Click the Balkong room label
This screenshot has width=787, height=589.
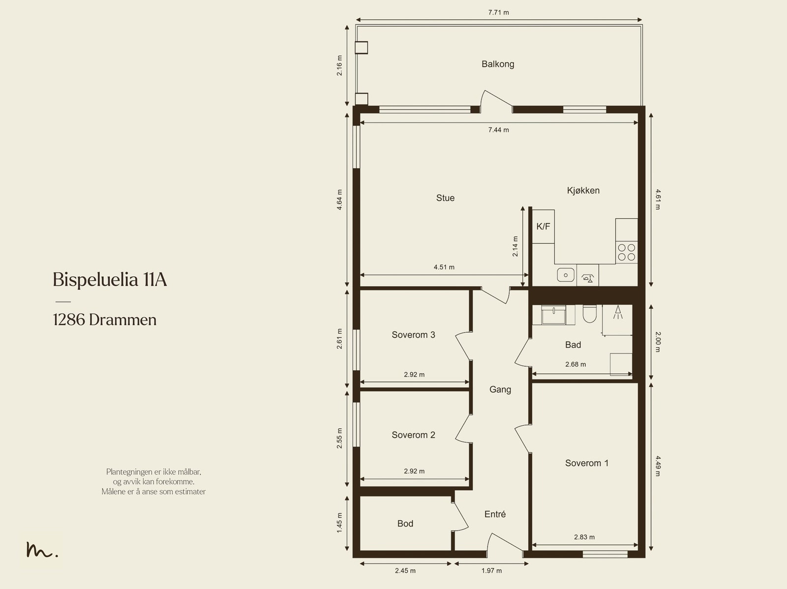point(498,64)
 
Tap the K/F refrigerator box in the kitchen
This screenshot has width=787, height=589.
point(543,227)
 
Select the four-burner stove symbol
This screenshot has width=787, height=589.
point(627,252)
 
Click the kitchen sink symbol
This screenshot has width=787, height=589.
point(566,275)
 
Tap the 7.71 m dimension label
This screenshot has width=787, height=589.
point(498,12)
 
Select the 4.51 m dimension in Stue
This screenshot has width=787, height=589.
point(444,267)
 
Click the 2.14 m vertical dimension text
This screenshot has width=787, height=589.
point(515,246)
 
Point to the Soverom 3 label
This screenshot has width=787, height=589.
point(413,335)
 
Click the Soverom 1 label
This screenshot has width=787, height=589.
point(586,463)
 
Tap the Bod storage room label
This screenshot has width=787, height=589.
point(405,524)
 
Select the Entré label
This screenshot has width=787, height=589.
point(495,514)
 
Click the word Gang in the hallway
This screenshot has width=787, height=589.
point(500,389)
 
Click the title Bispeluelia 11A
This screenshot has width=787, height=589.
point(110,280)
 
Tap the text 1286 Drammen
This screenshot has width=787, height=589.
point(105,320)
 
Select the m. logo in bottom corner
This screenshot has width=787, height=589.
point(42,550)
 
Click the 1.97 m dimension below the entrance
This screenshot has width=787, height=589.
point(491,571)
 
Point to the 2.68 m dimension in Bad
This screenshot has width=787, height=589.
point(575,364)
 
